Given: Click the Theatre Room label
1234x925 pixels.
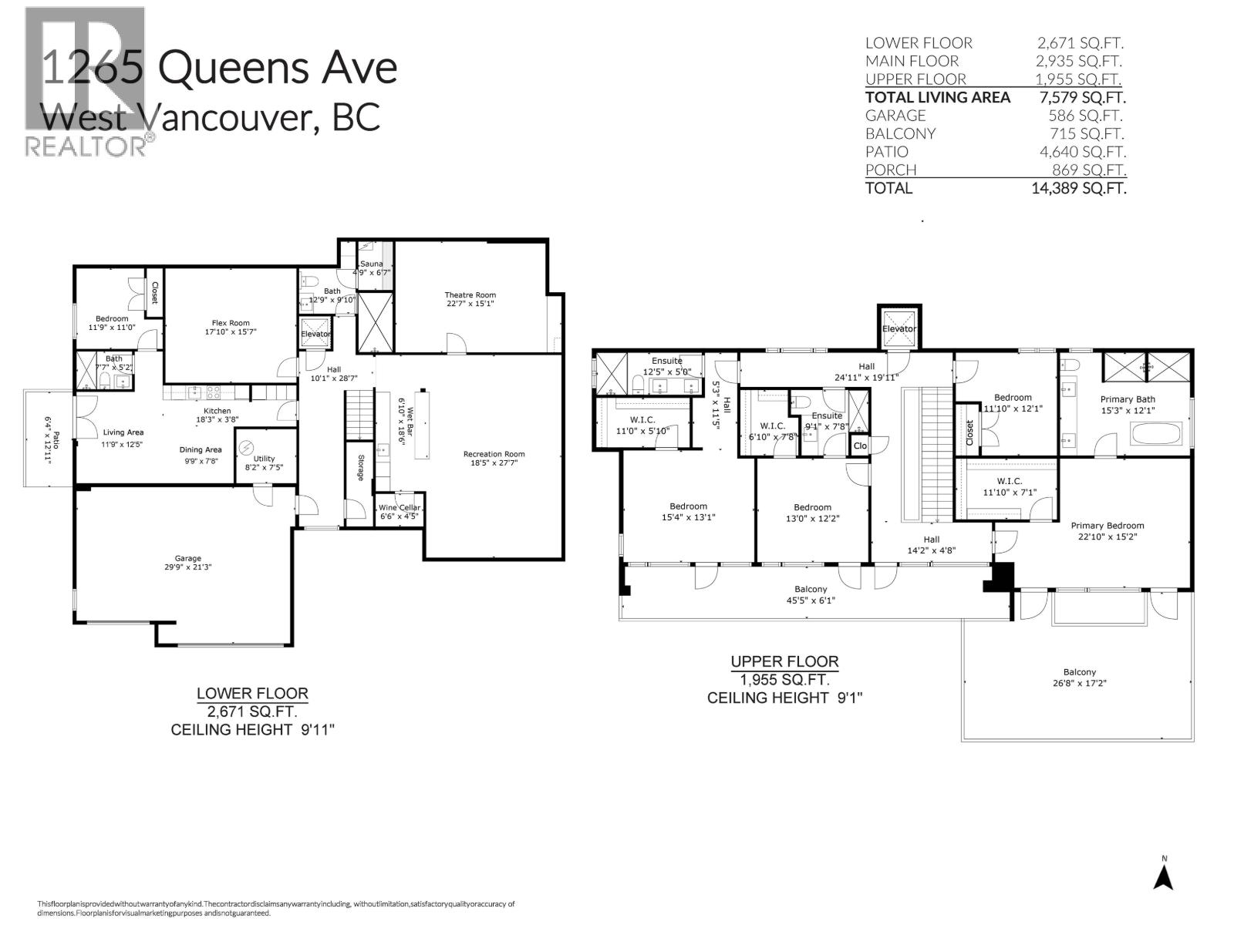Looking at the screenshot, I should pyautogui.click(x=470, y=294).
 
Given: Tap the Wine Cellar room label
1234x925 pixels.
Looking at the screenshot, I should pyautogui.click(x=400, y=507).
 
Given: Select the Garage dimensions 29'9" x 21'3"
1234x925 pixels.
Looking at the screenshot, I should pyautogui.click(x=187, y=567).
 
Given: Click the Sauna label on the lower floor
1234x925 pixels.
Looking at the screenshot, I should pyautogui.click(x=372, y=264).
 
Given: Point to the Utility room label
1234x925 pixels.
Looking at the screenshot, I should pyautogui.click(x=264, y=459).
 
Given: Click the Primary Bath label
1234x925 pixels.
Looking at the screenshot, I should pyautogui.click(x=1127, y=399).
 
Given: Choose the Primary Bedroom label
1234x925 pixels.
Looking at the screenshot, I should pyautogui.click(x=1107, y=526).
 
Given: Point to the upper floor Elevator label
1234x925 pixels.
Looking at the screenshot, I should pyautogui.click(x=899, y=329).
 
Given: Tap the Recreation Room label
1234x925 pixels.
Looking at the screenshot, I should pyautogui.click(x=494, y=454).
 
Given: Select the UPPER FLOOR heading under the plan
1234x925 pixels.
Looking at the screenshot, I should pyautogui.click(x=784, y=661).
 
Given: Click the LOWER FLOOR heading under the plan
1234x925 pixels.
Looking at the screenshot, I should pyautogui.click(x=252, y=693).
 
